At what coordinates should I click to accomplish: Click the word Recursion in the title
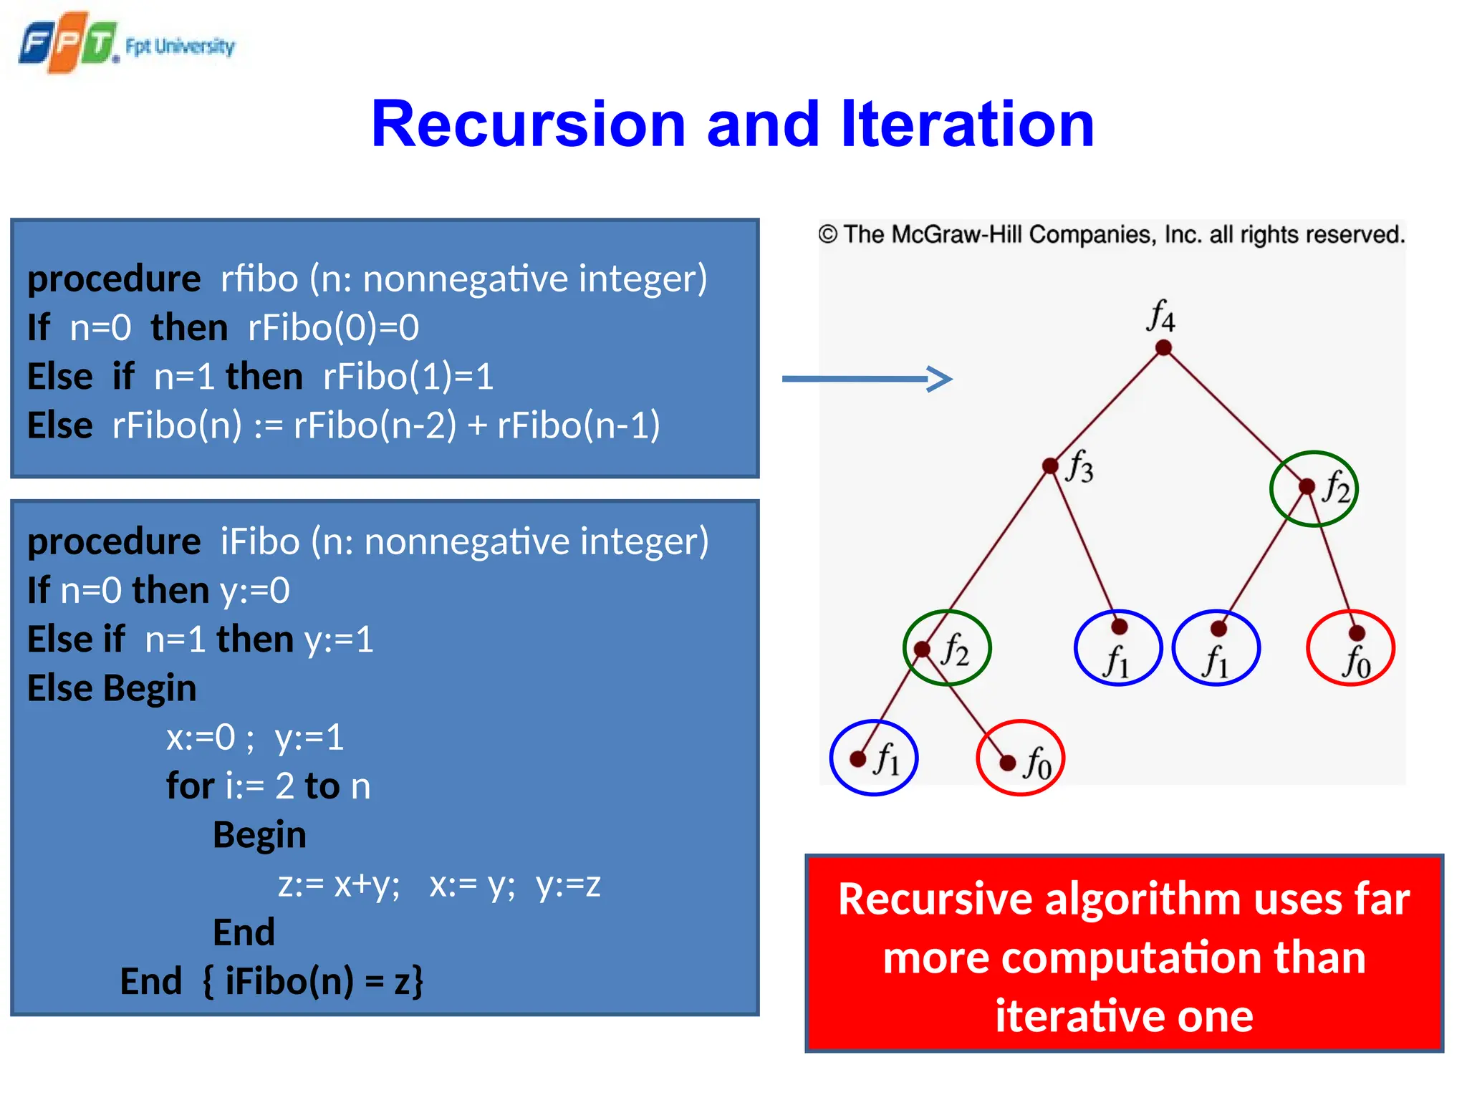pyautogui.click(x=529, y=125)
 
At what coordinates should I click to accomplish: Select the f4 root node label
pyautogui.click(x=1160, y=316)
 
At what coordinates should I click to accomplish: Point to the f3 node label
pyautogui.click(x=1079, y=467)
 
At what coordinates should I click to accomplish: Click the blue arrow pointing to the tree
pyautogui.click(x=867, y=379)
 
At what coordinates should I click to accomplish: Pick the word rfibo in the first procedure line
pyautogui.click(x=259, y=279)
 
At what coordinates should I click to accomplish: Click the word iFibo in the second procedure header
pyautogui.click(x=259, y=541)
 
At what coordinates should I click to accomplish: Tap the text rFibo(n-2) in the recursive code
pyautogui.click(x=375, y=425)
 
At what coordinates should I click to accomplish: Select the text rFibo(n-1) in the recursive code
pyautogui.click(x=578, y=425)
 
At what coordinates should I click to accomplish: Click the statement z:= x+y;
pyautogui.click(x=339, y=884)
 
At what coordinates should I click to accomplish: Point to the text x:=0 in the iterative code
pyautogui.click(x=201, y=738)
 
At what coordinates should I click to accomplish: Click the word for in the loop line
pyautogui.click(x=190, y=786)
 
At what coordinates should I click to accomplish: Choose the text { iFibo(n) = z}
pyautogui.click(x=313, y=981)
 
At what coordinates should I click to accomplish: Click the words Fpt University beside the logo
pyautogui.click(x=180, y=47)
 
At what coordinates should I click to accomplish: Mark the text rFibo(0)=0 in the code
pyautogui.click(x=333, y=328)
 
